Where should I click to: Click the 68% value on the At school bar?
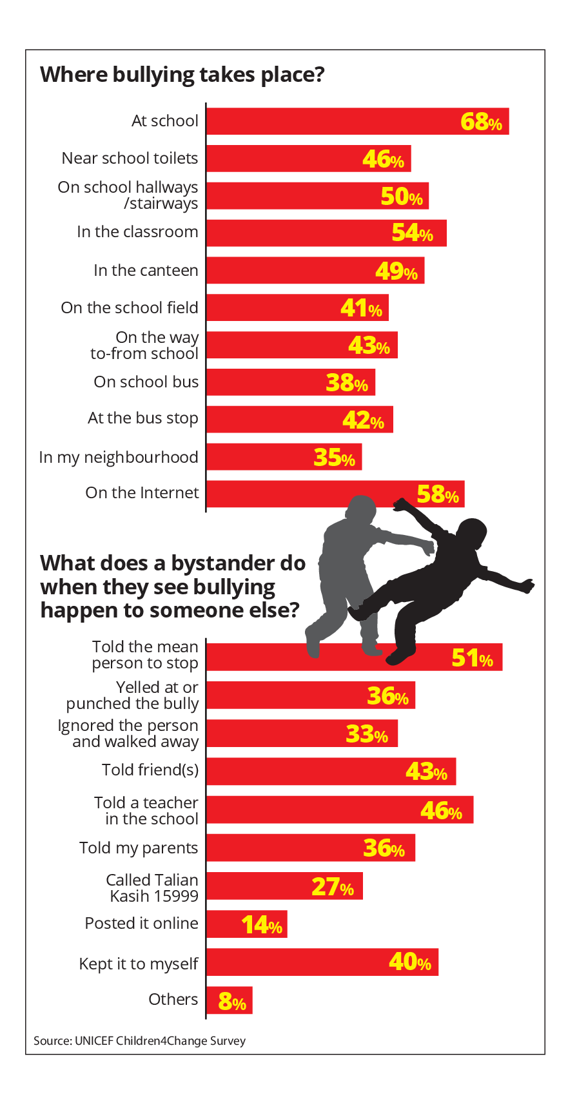point(481,121)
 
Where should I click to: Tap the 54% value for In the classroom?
point(412,233)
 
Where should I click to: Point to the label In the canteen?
point(146,271)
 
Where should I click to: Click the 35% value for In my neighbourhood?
point(334,458)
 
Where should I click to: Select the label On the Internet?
point(142,493)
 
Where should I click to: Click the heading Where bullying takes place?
point(182,75)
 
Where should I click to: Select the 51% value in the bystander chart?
point(472,658)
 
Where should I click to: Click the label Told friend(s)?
point(150,770)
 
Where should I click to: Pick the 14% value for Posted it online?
point(262,926)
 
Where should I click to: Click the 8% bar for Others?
point(230,1001)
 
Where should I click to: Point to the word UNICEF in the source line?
point(94,1041)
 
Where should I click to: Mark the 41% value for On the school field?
point(361,309)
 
